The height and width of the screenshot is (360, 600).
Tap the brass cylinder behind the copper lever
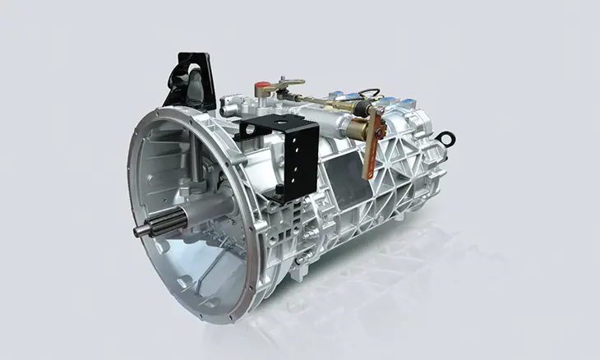click(x=359, y=130)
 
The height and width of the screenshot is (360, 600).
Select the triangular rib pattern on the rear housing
click(x=403, y=164)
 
